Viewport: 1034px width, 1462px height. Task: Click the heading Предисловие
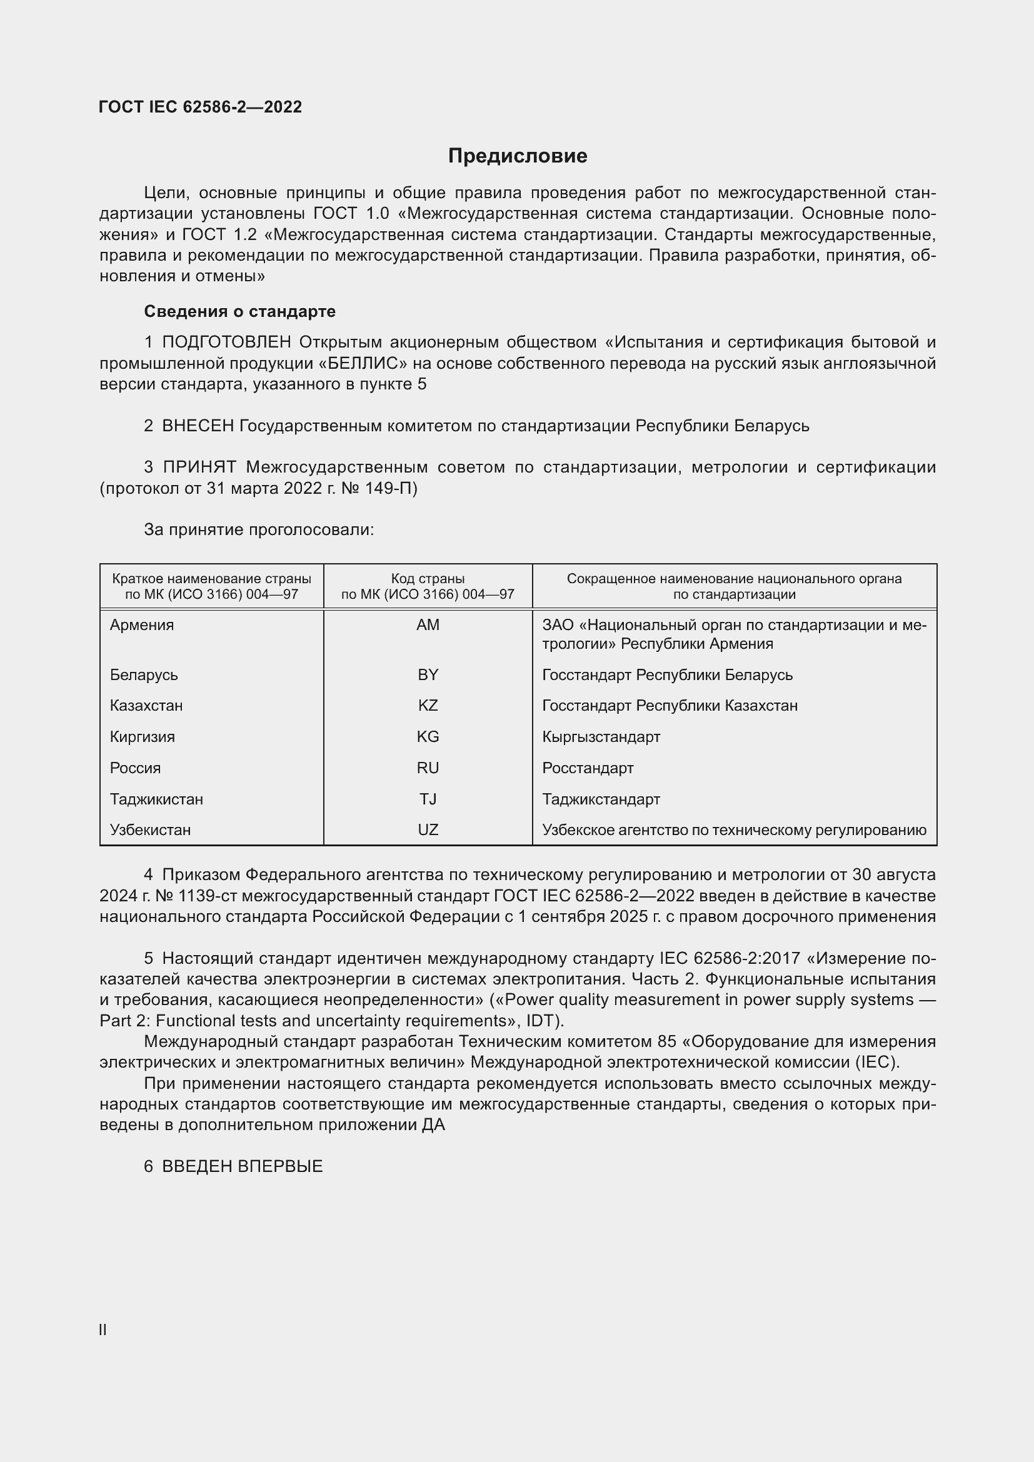pos(517,156)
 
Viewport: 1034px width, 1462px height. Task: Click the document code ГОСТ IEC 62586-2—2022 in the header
pos(201,107)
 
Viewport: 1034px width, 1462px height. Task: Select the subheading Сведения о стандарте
pos(239,311)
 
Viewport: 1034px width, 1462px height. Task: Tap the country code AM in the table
pos(428,625)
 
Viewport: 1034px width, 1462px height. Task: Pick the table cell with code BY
pos(428,675)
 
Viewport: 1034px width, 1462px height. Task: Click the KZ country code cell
pos(428,706)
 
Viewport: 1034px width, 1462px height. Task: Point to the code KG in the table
pos(428,737)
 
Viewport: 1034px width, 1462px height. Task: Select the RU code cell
pos(428,768)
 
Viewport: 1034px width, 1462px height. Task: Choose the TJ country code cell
pos(428,799)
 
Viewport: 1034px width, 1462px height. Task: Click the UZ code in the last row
pos(428,829)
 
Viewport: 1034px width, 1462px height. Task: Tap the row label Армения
pos(141,625)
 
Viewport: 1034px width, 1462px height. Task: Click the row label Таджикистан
pos(156,799)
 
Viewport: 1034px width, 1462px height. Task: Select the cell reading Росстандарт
pos(588,768)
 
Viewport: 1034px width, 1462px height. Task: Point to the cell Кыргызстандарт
pos(601,737)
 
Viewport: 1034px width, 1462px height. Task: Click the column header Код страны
pos(428,579)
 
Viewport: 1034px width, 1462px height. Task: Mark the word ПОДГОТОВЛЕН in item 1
pos(227,343)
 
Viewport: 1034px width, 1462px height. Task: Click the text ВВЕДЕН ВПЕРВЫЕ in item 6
pos(242,1166)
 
